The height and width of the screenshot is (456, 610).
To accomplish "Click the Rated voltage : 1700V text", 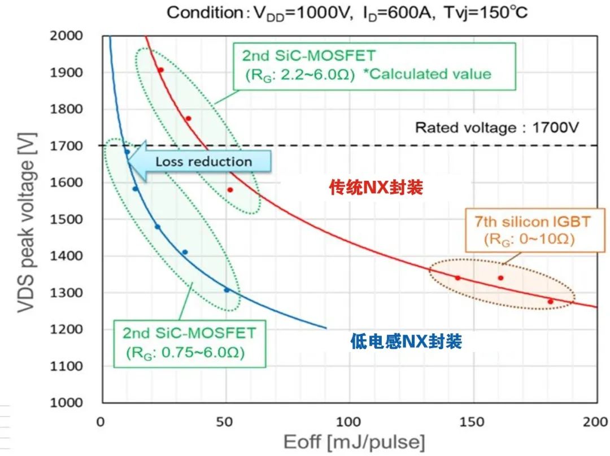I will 496,128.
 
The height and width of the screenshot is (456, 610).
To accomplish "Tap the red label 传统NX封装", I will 376,188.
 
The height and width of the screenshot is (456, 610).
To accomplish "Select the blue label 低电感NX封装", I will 406,341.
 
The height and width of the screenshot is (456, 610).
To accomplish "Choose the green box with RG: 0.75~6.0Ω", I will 189,342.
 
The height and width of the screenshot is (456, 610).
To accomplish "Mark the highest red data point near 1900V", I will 160,70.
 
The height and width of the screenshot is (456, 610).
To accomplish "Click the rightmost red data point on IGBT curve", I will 551,302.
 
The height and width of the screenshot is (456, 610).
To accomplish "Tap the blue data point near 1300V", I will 227,290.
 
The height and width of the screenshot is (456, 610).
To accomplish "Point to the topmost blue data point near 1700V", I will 127,151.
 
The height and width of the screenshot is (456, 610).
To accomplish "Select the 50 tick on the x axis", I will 225,422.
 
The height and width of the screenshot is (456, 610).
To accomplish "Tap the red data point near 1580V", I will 230,190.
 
